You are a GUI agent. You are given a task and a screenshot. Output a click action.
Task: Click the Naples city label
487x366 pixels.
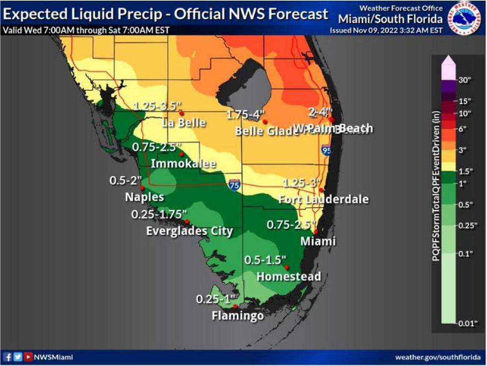click(x=144, y=197)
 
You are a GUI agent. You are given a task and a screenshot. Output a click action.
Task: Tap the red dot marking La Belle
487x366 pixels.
click(x=181, y=113)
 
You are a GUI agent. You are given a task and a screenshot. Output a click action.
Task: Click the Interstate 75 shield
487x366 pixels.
click(x=234, y=185)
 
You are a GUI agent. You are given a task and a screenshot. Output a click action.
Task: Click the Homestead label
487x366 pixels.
click(x=288, y=276)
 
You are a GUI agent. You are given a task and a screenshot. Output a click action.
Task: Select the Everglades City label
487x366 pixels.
click(x=189, y=231)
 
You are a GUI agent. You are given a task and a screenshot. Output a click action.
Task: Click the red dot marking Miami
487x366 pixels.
click(x=316, y=231)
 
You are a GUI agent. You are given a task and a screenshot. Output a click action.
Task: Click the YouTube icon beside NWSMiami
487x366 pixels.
click(x=28, y=357)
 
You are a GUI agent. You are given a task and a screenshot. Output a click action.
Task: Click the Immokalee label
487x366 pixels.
click(x=183, y=164)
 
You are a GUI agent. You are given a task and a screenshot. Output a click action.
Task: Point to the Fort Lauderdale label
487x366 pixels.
click(x=323, y=199)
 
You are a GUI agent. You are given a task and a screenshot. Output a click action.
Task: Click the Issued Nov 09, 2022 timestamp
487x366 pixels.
click(x=386, y=30)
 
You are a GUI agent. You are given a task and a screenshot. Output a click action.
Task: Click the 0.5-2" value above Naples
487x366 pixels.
click(x=125, y=181)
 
